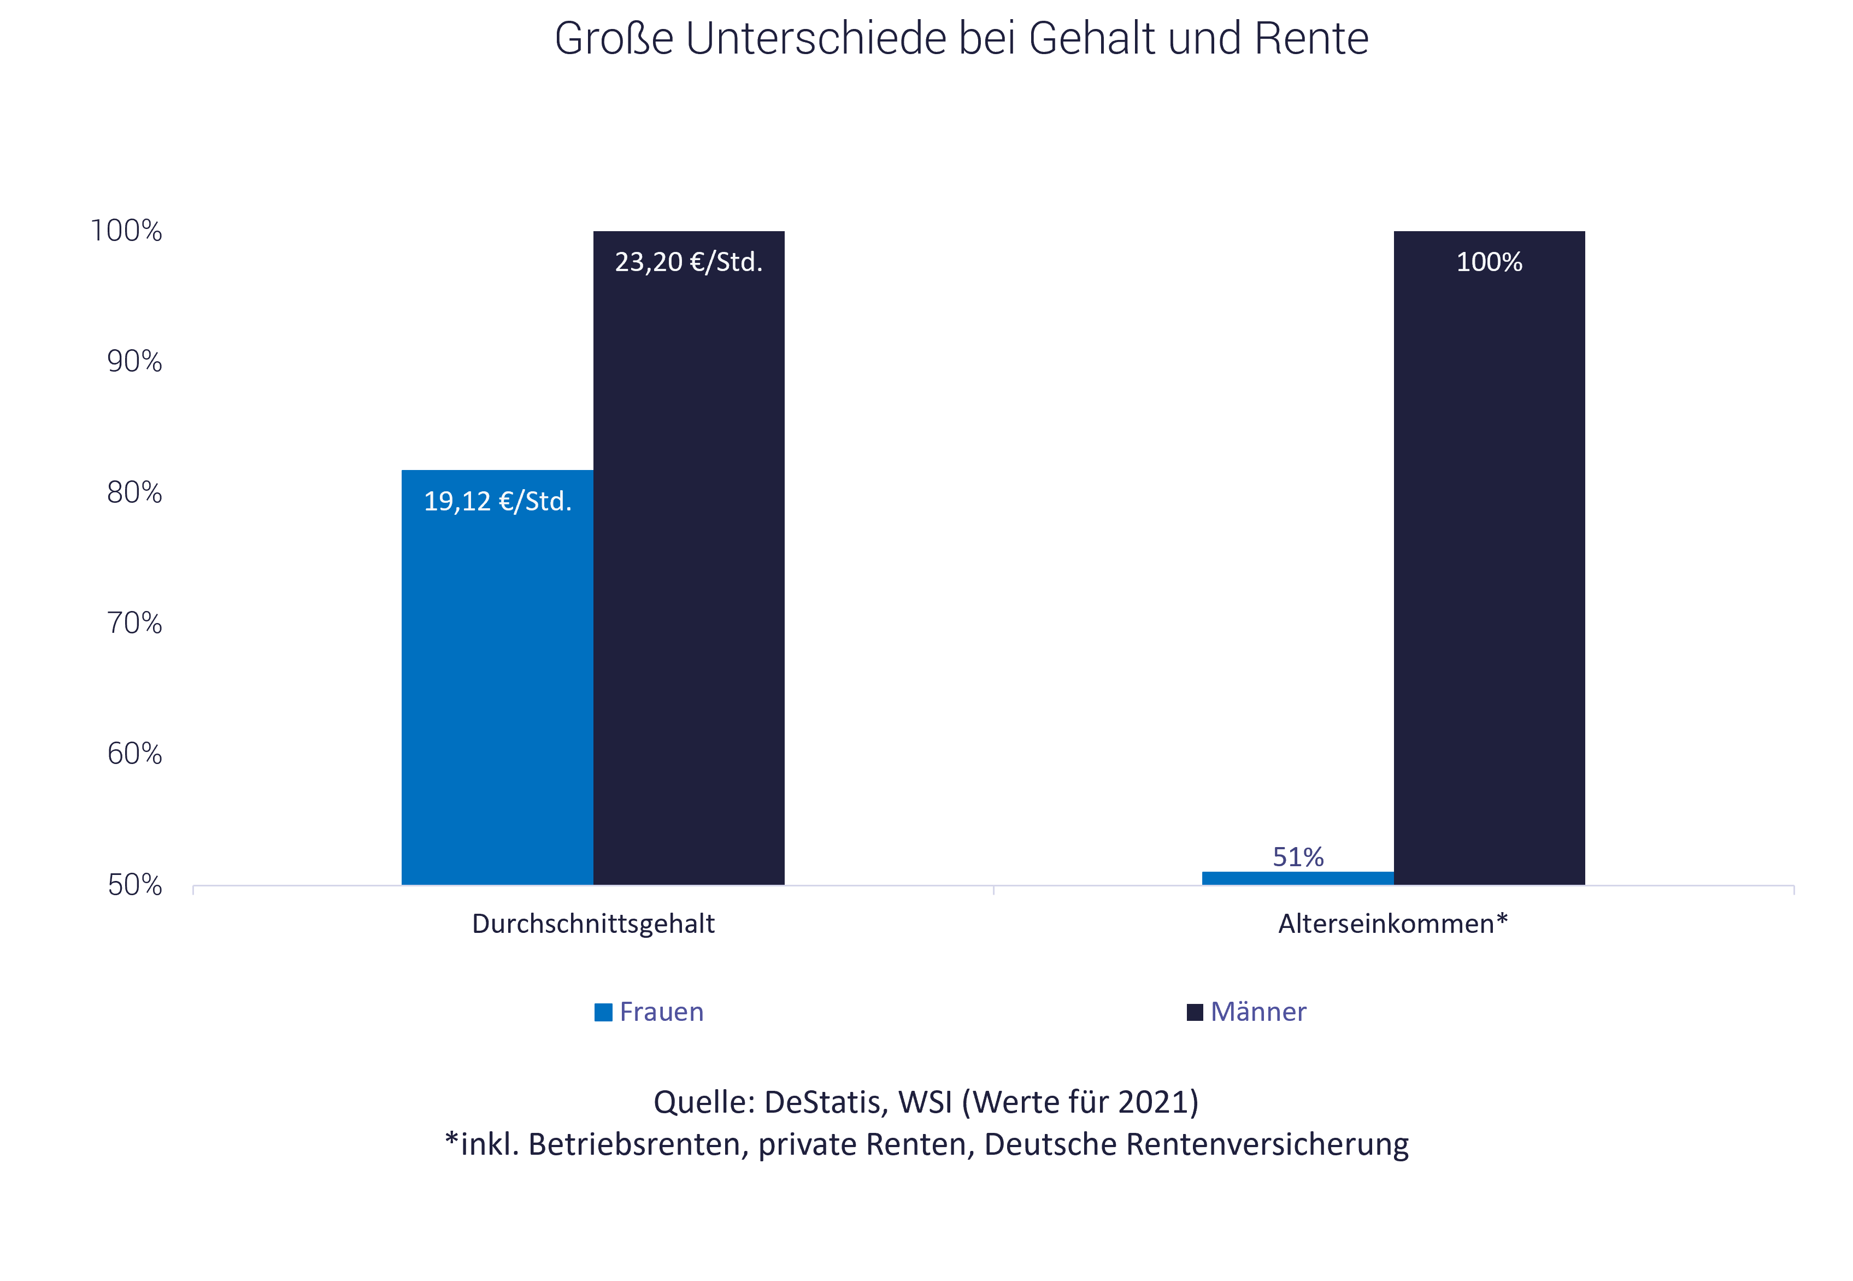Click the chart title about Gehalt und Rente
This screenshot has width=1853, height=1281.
point(961,38)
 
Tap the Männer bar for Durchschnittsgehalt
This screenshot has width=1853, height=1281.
point(689,562)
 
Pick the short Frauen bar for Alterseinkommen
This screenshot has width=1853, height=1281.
point(1298,878)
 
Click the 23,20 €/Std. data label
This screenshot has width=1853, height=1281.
point(689,262)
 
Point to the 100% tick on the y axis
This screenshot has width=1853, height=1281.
point(127,231)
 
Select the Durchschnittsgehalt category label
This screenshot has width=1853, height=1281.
point(593,924)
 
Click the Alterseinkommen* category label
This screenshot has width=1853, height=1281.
point(1393,924)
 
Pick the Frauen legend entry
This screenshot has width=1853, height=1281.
point(649,1012)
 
